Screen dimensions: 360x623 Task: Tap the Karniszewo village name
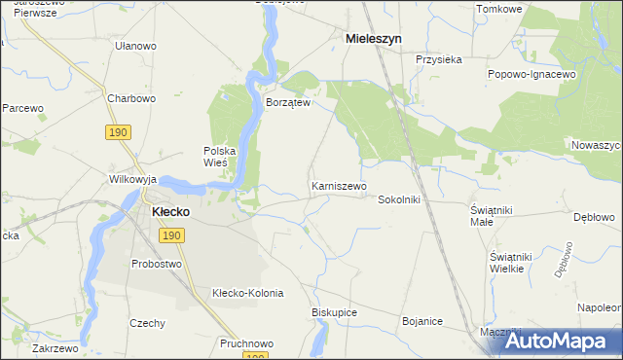pyautogui.click(x=339, y=186)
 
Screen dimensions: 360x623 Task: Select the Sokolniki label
pyautogui.click(x=398, y=198)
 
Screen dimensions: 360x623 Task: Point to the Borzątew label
pyautogui.click(x=288, y=102)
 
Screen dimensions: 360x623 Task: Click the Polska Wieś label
pyautogui.click(x=220, y=157)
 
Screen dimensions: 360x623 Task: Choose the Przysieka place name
pyautogui.click(x=438, y=59)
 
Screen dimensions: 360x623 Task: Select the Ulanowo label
pyautogui.click(x=135, y=46)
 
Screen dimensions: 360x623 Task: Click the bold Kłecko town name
pyautogui.click(x=170, y=210)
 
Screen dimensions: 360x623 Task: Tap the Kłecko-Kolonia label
pyautogui.click(x=247, y=293)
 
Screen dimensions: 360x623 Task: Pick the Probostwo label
pyautogui.click(x=157, y=264)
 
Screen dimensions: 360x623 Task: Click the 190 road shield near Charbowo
pyautogui.click(x=118, y=131)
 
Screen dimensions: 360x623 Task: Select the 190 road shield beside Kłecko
pyautogui.click(x=171, y=236)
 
